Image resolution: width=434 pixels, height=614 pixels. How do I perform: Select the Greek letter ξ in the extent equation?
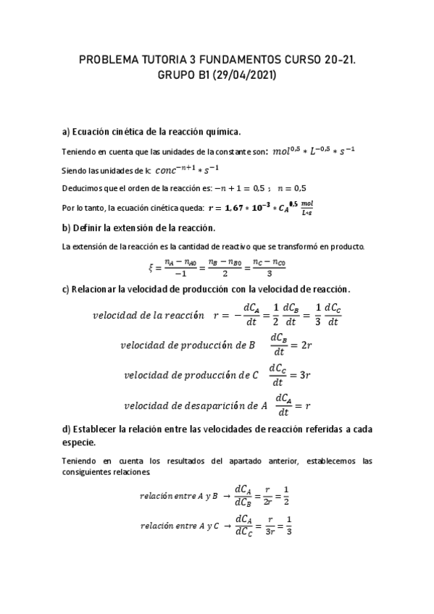tap(151, 266)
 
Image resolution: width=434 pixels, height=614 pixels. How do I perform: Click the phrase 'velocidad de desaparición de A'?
tap(196, 405)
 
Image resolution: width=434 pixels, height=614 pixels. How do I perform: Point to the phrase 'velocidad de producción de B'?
tap(187, 345)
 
